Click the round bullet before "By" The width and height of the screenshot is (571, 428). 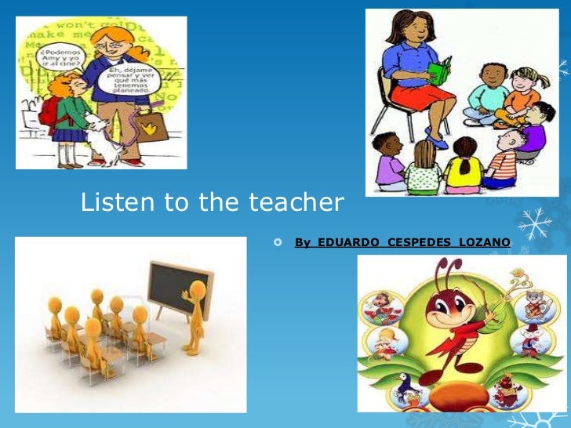point(278,243)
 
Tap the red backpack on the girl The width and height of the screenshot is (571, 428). point(48,110)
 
